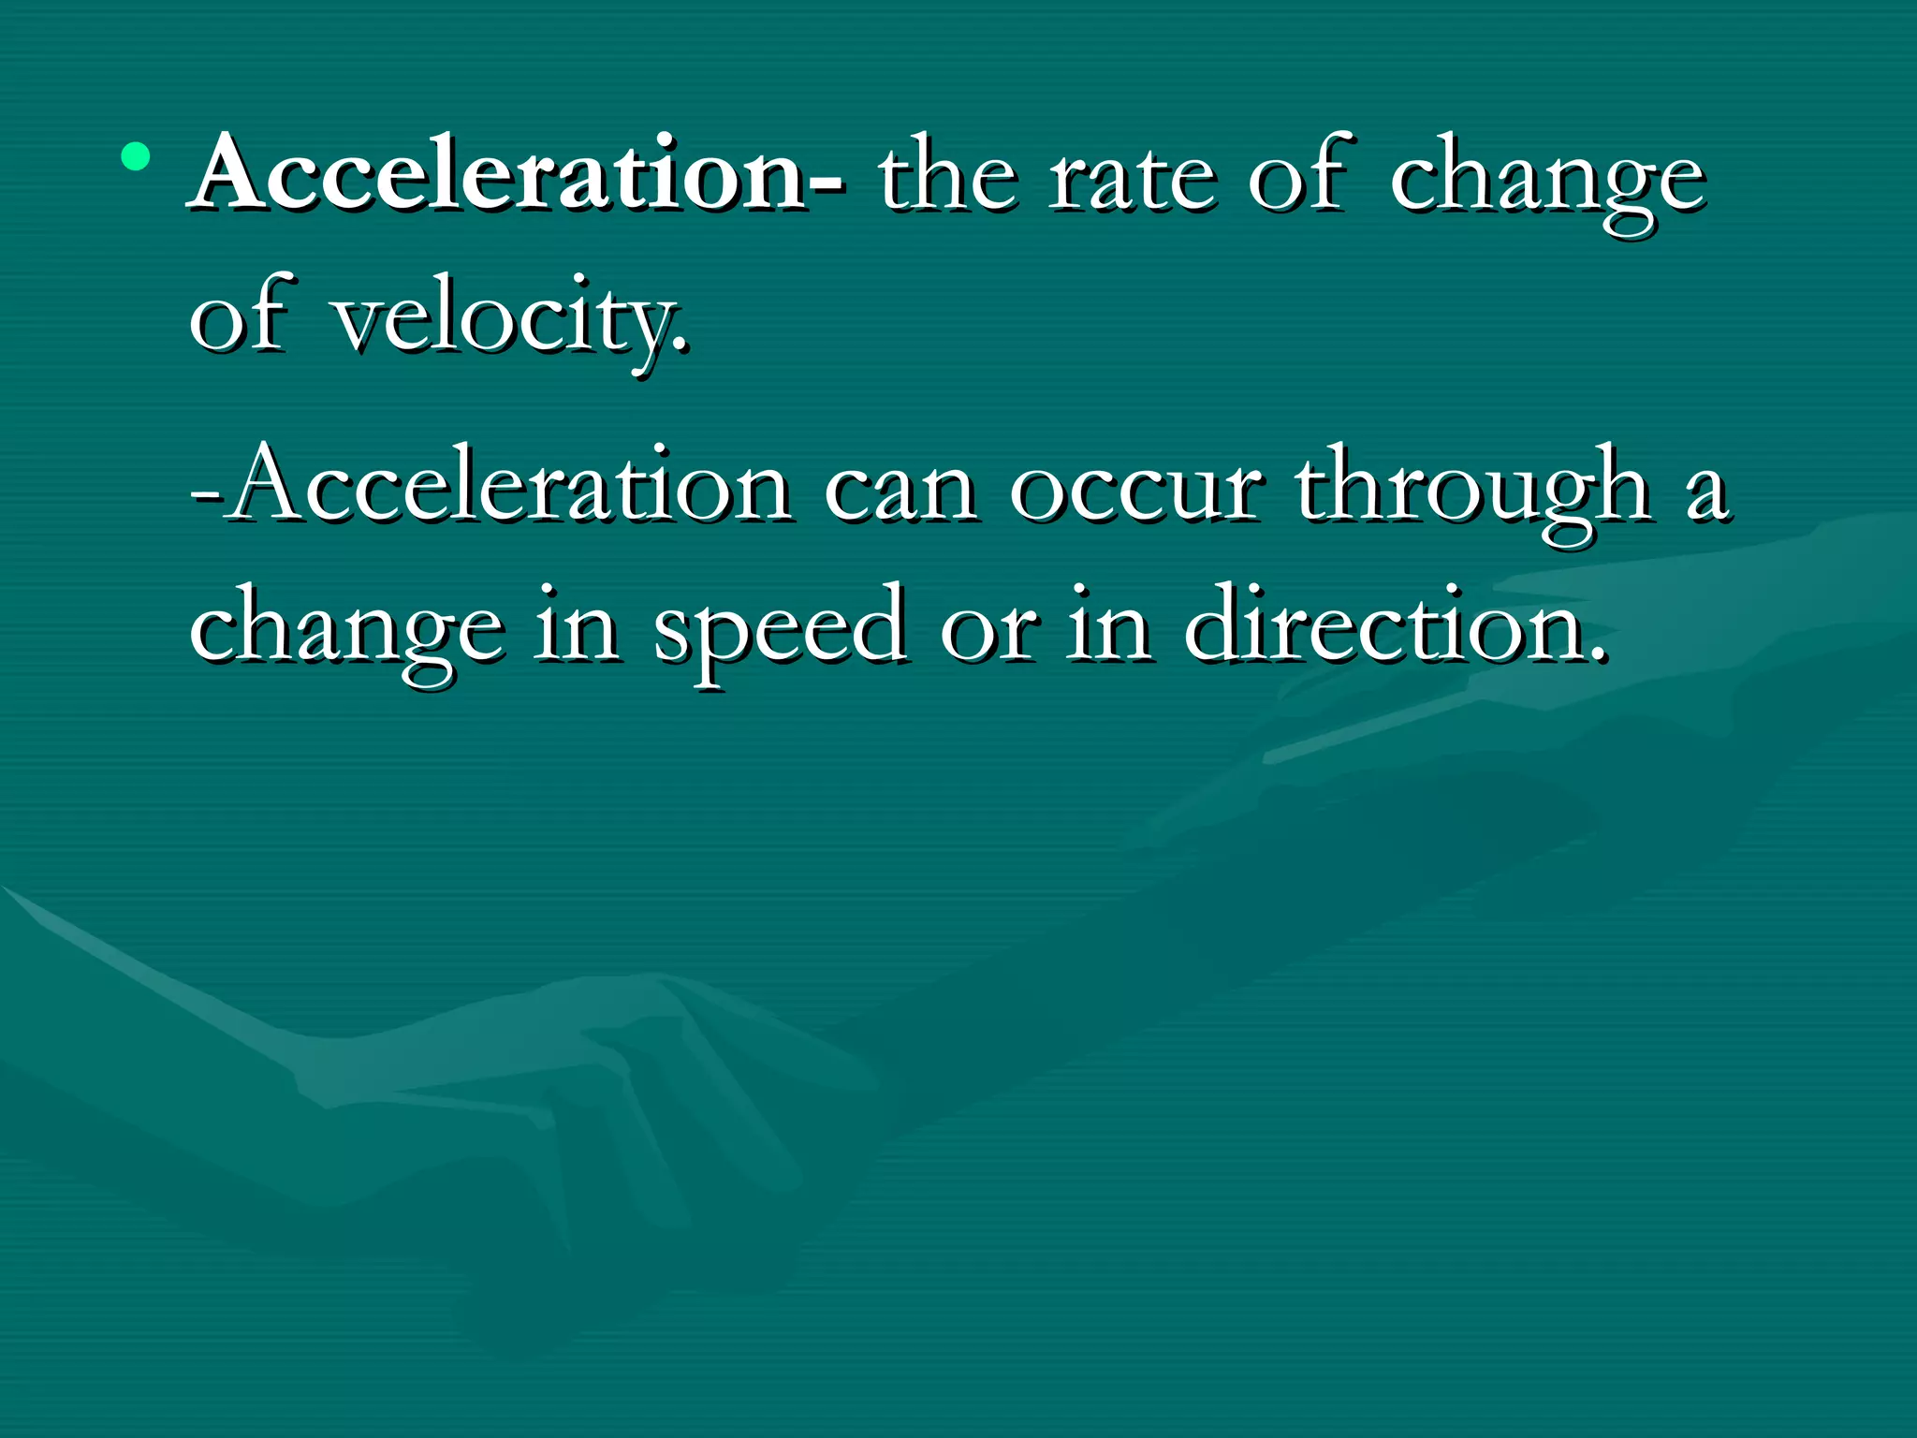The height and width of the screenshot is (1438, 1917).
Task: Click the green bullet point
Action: click(x=136, y=156)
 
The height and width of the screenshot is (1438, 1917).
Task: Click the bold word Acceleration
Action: click(x=498, y=174)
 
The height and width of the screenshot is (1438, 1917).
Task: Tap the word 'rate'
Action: click(x=1133, y=178)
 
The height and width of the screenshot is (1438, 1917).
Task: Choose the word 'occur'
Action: click(x=1136, y=492)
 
